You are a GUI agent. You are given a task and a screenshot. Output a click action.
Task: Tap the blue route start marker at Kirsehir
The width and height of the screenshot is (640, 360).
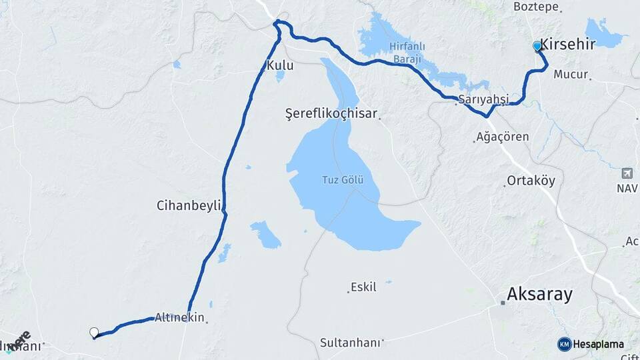click(537, 46)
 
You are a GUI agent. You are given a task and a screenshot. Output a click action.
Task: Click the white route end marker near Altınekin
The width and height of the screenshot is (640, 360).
click(94, 332)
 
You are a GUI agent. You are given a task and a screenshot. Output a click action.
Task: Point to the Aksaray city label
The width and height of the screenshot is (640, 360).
click(539, 294)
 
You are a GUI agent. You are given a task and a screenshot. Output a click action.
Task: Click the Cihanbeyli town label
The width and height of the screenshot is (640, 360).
click(189, 205)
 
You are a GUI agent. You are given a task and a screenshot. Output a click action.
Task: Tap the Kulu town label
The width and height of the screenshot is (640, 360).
click(279, 65)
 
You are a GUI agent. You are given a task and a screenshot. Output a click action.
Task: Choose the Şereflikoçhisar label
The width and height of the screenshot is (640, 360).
click(331, 115)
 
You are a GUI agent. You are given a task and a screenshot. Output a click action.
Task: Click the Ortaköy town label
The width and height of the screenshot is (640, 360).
click(531, 181)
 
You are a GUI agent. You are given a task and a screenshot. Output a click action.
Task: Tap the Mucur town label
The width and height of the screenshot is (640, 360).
click(571, 75)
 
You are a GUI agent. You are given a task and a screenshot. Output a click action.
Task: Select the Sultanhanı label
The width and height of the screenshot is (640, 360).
click(350, 343)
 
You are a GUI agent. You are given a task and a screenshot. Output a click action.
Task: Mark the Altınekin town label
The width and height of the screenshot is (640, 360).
click(179, 317)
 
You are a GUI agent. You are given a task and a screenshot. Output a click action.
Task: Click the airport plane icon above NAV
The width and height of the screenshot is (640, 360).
click(627, 174)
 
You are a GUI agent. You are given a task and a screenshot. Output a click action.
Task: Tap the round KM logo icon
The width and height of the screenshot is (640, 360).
click(564, 344)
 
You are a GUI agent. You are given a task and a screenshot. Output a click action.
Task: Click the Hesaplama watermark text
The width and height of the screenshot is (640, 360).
click(599, 344)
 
